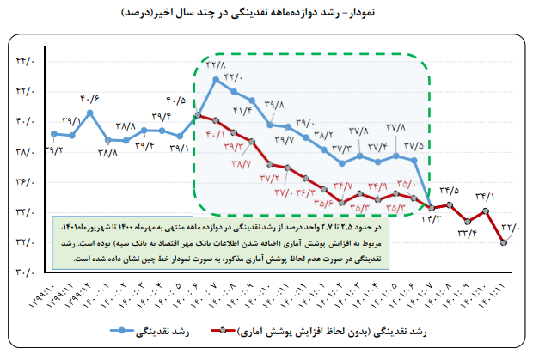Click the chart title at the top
[266, 13]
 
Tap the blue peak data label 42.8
[215, 64]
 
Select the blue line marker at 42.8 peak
[216, 79]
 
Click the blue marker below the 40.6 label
[90, 113]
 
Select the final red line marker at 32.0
[504, 243]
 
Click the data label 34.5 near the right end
[450, 191]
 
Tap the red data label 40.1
[215, 134]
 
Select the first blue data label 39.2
[49, 150]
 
